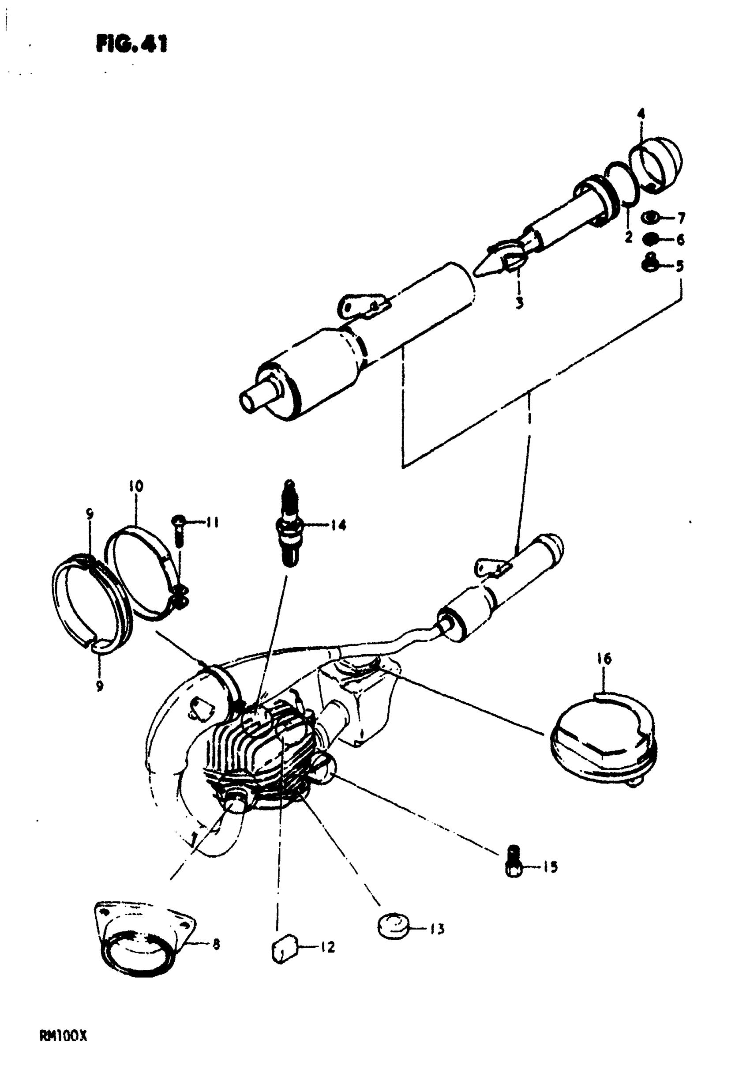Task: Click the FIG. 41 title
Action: point(132,45)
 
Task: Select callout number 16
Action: point(604,658)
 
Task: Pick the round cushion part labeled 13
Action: point(394,927)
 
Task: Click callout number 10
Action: point(136,486)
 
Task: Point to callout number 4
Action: point(641,113)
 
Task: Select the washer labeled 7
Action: point(650,217)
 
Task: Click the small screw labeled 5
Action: point(652,263)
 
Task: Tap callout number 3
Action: point(519,303)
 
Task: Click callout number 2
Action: point(628,237)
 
